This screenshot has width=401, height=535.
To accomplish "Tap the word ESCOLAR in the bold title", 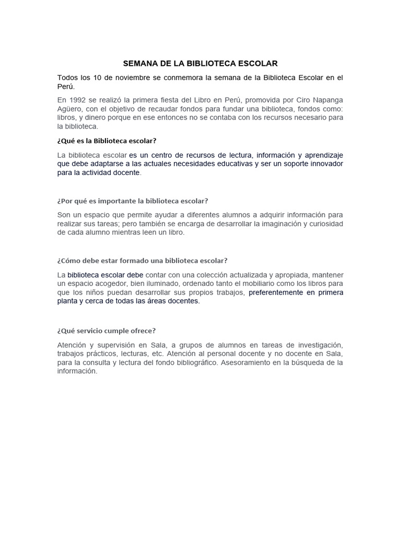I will click(254, 63).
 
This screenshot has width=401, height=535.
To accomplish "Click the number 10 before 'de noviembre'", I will click(98, 78).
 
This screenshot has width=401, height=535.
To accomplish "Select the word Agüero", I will click(70, 109).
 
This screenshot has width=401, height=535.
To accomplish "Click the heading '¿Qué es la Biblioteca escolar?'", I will click(107, 141).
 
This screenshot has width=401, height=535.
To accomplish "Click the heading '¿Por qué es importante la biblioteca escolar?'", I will click(133, 201).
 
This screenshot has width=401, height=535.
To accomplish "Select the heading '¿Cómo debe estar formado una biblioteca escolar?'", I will click(142, 260).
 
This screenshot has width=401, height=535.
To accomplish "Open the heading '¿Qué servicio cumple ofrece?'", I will click(107, 330).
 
